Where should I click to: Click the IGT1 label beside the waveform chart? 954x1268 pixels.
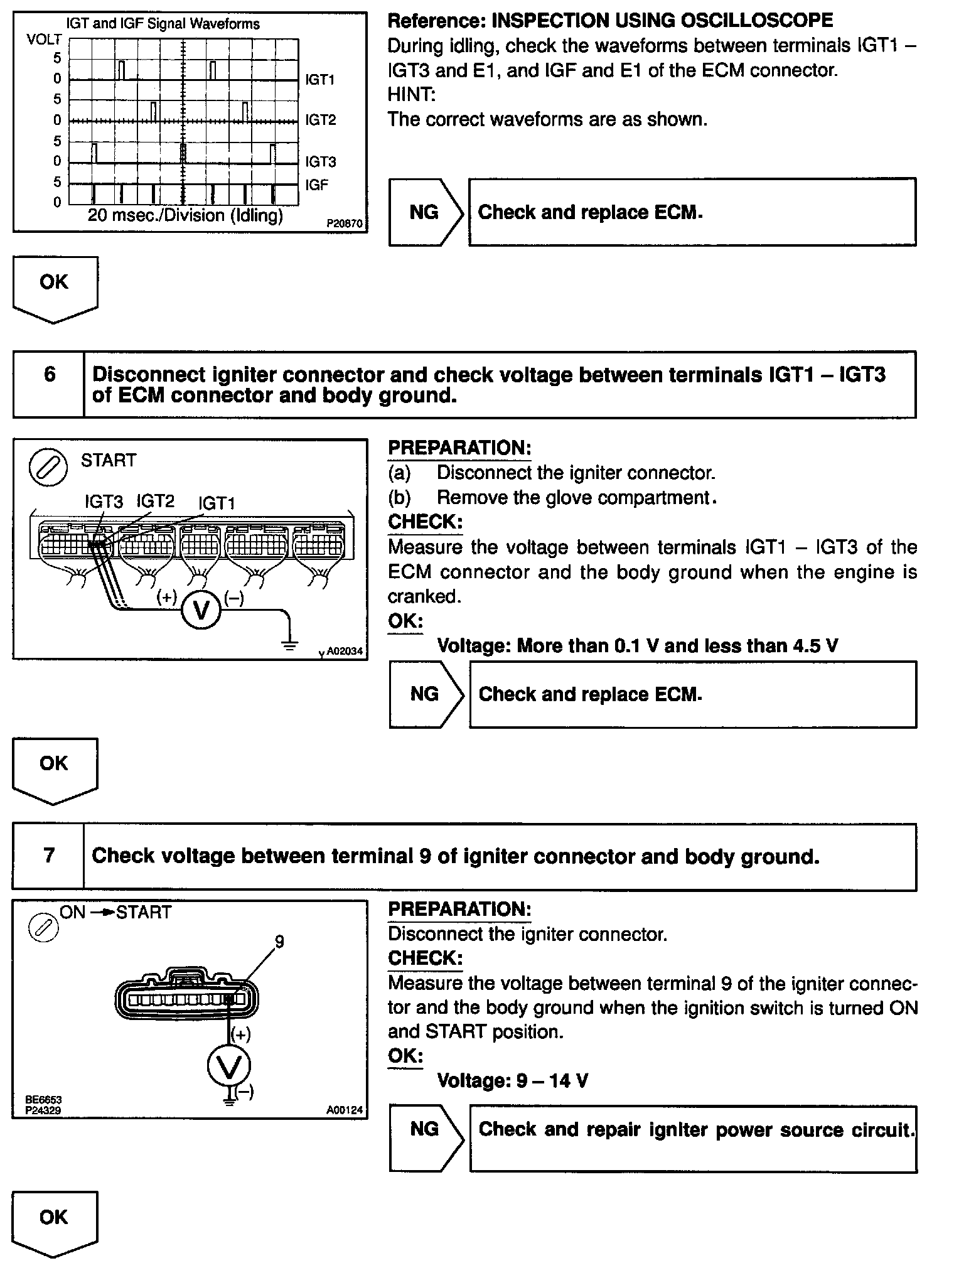pyautogui.click(x=320, y=80)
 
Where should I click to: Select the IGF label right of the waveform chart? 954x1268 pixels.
pyautogui.click(x=317, y=185)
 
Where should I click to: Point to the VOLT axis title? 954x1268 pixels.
pyautogui.click(x=45, y=40)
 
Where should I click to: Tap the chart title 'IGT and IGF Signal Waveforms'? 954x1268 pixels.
pyautogui.click(x=163, y=24)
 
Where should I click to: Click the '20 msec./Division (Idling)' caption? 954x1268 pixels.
pyautogui.click(x=185, y=216)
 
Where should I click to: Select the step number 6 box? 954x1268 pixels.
pyautogui.click(x=49, y=375)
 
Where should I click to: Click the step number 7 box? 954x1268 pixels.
pyautogui.click(x=49, y=856)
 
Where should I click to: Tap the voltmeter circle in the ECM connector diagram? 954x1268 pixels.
pyautogui.click(x=201, y=610)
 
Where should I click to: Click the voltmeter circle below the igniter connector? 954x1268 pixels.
pyautogui.click(x=229, y=1065)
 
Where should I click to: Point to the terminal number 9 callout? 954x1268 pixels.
pyautogui.click(x=279, y=941)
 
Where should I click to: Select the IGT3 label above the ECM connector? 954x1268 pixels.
pyautogui.click(x=104, y=502)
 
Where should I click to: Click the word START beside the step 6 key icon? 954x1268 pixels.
pyautogui.click(x=108, y=460)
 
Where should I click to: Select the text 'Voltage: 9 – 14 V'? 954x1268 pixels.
pyautogui.click(x=512, y=1080)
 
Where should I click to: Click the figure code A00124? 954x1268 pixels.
pyautogui.click(x=344, y=1109)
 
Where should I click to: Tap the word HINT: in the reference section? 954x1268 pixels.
pyautogui.click(x=411, y=95)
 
